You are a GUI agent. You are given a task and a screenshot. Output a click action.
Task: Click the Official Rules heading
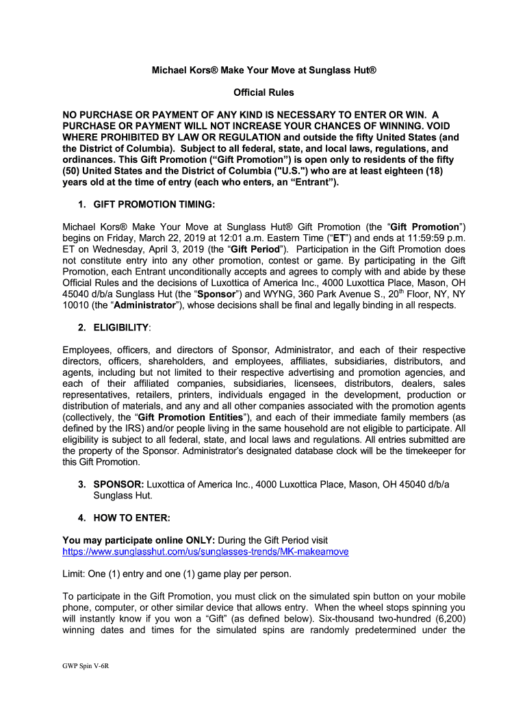(263, 92)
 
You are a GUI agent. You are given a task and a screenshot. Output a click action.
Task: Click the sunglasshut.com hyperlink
(205, 551)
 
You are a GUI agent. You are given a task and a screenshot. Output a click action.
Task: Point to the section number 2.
(81, 329)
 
